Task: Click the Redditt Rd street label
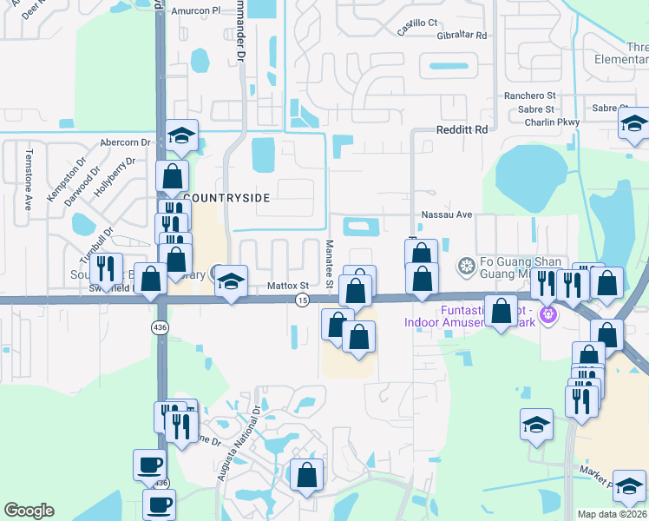[462, 129]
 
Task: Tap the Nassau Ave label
[446, 214]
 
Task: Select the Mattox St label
[288, 285]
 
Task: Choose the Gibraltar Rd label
[462, 37]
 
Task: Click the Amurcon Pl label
[196, 10]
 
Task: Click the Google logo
[29, 511]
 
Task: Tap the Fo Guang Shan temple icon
[466, 265]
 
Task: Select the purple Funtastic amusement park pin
[547, 313]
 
